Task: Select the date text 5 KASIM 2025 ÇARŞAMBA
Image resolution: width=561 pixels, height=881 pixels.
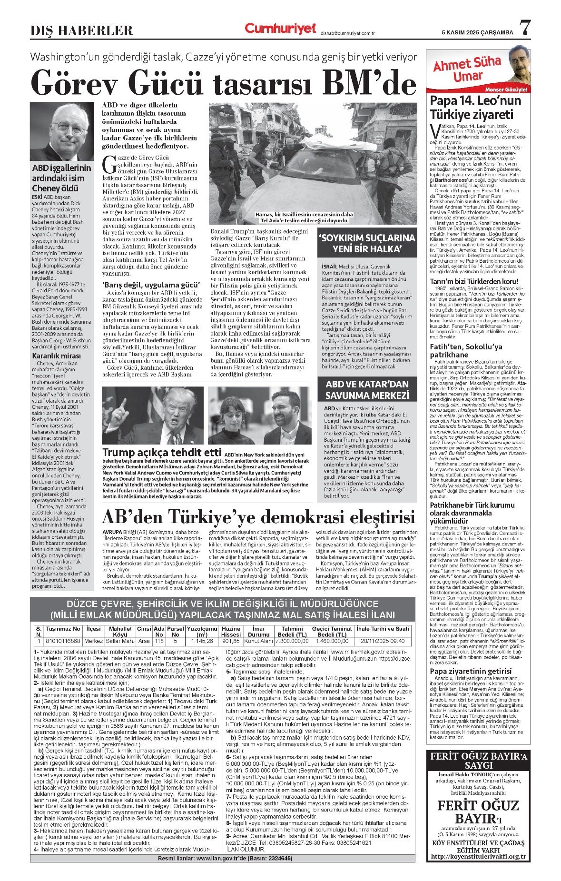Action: [x=477, y=32]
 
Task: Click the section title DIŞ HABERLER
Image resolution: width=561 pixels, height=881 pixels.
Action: [x=81, y=31]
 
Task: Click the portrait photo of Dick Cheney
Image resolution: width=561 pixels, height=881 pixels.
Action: [x=62, y=131]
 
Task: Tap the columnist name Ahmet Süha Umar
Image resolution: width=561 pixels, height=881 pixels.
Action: [x=466, y=69]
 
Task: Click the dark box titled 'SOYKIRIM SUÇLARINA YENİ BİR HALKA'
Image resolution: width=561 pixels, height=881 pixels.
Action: [x=367, y=243]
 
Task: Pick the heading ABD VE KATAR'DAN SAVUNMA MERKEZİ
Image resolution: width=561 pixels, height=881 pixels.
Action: [x=367, y=390]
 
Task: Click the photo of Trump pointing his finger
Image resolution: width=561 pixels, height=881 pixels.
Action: [x=153, y=415]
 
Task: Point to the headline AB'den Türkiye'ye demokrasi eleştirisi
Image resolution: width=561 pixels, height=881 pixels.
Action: [x=259, y=517]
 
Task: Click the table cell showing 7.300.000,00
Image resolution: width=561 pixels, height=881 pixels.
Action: [x=291, y=641]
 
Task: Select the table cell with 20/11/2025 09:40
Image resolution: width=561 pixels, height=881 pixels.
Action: [x=383, y=641]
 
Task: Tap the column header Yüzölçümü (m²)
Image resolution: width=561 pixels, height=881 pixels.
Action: [x=202, y=632]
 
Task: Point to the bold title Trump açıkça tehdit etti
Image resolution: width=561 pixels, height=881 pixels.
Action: [x=162, y=452]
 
